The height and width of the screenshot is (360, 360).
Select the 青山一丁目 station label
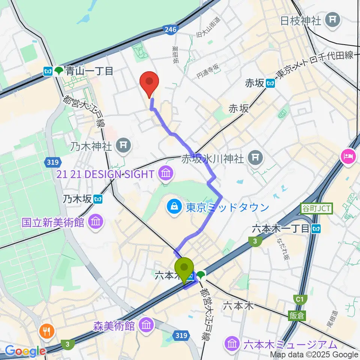89,71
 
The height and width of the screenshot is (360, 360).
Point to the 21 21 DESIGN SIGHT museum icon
165,174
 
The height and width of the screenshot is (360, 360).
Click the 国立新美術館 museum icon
96,222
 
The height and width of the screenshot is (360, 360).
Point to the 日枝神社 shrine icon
333,19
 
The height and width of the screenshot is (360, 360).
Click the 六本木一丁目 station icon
317,228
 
